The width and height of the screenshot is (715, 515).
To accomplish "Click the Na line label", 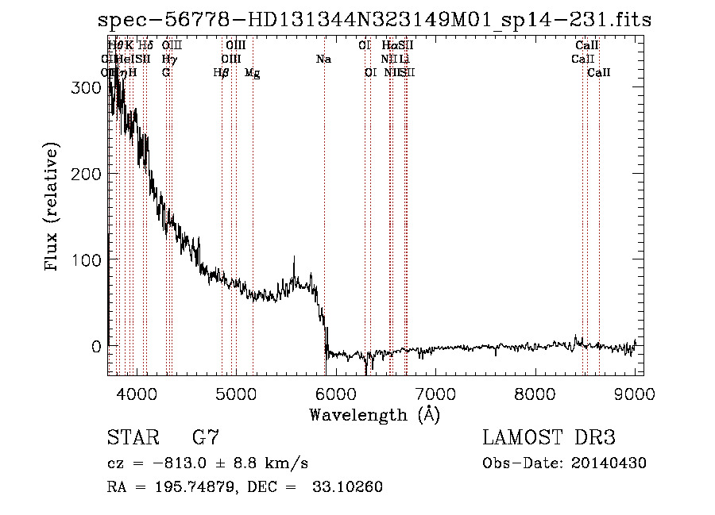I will tap(323, 60).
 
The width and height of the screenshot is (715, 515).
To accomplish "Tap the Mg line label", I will tap(252, 73).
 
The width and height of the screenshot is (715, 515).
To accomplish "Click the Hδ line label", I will tap(145, 46).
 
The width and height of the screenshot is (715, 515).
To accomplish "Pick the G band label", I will tap(166, 73).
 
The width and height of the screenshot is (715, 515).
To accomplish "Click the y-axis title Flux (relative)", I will tap(53, 208).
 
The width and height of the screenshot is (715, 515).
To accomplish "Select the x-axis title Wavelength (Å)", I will tap(374, 414).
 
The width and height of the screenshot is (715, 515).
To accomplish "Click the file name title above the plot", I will tap(374, 19).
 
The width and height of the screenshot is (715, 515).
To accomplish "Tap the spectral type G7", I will tap(206, 438).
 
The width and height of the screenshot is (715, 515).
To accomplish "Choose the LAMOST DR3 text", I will tap(549, 438).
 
